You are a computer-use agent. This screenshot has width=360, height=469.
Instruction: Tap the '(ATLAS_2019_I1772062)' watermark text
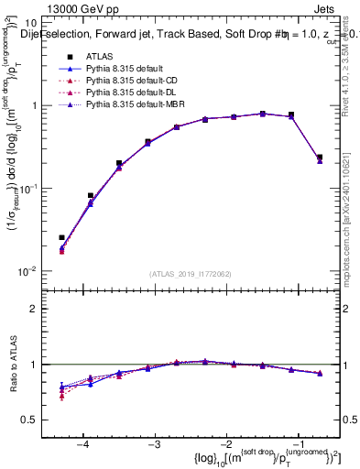[x=190, y=274]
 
